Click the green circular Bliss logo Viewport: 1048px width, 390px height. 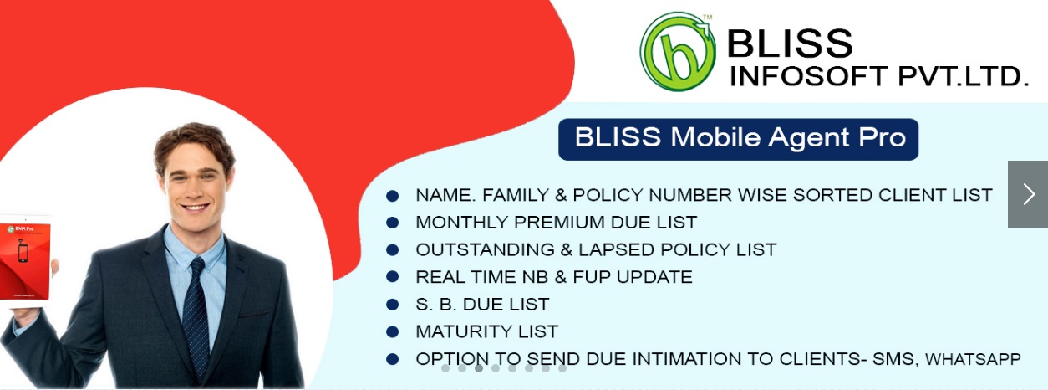pyautogui.click(x=678, y=52)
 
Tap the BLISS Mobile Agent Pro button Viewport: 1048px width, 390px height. pyautogui.click(x=738, y=139)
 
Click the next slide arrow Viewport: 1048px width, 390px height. pyautogui.click(x=1028, y=194)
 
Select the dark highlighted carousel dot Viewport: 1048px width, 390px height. pyautogui.click(x=479, y=368)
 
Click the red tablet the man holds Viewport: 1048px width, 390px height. pyautogui.click(x=25, y=262)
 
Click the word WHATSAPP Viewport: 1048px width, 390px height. pyautogui.click(x=973, y=359)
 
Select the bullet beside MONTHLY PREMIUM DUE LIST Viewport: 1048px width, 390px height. pyautogui.click(x=393, y=222)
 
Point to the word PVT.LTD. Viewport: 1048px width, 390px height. pyautogui.click(x=964, y=76)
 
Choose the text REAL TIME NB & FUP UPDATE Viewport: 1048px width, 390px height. pyautogui.click(x=554, y=276)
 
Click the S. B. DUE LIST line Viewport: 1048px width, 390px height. pyautogui.click(x=482, y=305)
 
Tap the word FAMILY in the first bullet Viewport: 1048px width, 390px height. pyautogui.click(x=516, y=195)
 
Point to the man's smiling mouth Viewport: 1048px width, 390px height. pyautogui.click(x=195, y=207)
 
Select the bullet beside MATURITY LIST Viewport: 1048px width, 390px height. pyautogui.click(x=393, y=332)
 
